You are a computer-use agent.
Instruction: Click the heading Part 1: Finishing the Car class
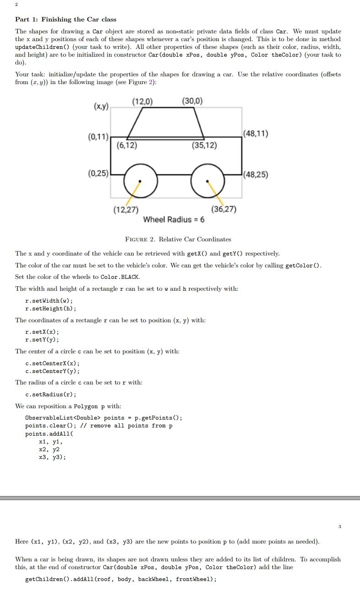pos(66,19)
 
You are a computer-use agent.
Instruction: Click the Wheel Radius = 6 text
pos(174,219)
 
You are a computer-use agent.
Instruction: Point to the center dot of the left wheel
pos(140,181)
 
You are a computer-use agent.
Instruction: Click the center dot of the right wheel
pos(208,181)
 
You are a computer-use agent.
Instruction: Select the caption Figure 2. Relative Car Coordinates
pos(178,239)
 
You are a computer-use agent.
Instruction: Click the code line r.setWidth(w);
pos(49,300)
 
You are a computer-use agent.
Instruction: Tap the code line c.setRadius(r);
pos(51,394)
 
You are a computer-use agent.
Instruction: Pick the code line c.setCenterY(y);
pos(53,371)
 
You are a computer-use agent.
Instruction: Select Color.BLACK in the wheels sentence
pos(120,277)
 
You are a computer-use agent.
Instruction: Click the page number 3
pos(339,527)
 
